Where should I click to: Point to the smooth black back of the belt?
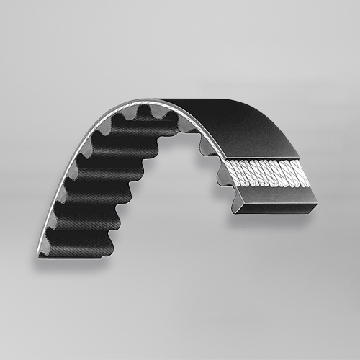(238, 122)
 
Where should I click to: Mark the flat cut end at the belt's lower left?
(76, 251)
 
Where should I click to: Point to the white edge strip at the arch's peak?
(144, 102)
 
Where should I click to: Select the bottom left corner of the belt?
(40, 255)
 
